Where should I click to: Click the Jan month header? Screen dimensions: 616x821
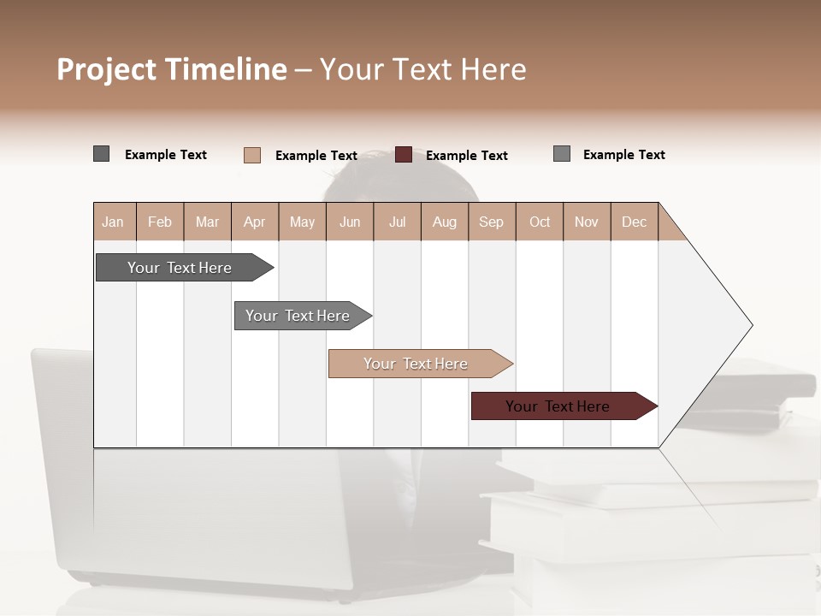(113, 222)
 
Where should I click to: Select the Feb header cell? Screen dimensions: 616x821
(160, 222)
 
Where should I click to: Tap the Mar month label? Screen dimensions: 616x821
(207, 222)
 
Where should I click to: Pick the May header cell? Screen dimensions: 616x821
(302, 222)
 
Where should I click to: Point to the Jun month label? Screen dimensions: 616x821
(350, 222)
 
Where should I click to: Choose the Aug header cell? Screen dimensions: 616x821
(445, 222)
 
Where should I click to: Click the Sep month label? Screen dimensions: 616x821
(491, 222)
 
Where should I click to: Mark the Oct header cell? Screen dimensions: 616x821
(540, 222)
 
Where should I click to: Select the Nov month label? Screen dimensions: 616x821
(587, 222)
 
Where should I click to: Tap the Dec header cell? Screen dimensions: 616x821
(634, 222)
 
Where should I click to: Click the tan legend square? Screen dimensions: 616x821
(252, 155)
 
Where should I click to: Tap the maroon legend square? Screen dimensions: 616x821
(404, 155)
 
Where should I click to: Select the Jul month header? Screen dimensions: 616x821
(398, 222)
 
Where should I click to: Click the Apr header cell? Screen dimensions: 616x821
(255, 222)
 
